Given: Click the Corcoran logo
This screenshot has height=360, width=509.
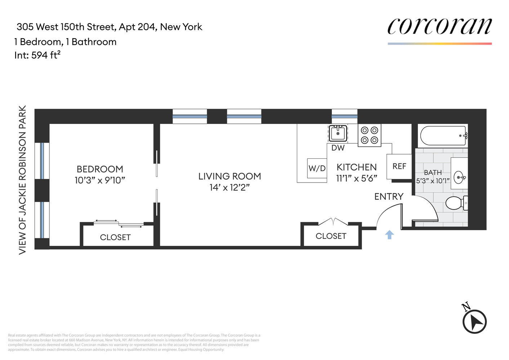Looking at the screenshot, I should (439, 27).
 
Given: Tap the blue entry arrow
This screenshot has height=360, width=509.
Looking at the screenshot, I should (389, 235).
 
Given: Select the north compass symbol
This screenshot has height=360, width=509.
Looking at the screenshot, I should (474, 321).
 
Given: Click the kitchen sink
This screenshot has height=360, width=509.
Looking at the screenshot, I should (338, 133).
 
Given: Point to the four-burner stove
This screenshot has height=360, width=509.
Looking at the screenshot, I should (369, 135).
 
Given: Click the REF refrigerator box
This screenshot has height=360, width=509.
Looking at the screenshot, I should (399, 166).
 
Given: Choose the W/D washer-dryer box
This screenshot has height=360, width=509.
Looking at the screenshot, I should (317, 168).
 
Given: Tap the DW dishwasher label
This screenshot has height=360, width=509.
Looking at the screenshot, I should (338, 148).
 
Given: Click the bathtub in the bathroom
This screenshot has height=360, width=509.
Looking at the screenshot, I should (443, 136).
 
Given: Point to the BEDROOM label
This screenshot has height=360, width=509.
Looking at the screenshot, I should (100, 169).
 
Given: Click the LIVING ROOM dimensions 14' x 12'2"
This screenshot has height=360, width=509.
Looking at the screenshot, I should (229, 187).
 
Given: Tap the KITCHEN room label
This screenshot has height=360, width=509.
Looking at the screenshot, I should (357, 167).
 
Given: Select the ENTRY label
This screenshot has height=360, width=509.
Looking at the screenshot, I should (389, 197).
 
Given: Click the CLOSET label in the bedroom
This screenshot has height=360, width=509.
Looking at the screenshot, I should (115, 237).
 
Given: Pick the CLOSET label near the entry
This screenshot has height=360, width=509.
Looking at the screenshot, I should (331, 236).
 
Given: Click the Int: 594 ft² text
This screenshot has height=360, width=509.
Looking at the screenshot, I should (37, 55).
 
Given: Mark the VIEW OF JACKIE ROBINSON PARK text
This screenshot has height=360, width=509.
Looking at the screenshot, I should (22, 180).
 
